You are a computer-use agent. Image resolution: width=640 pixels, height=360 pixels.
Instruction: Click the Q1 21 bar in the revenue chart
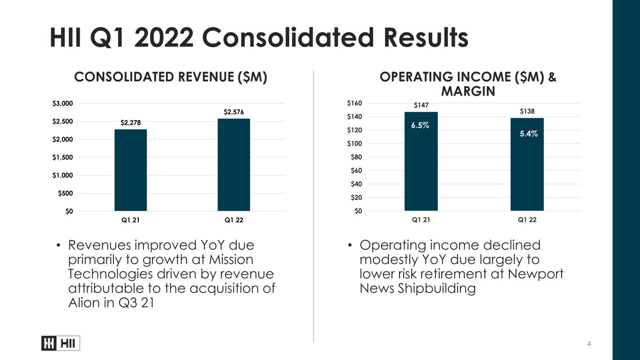pos(130,170)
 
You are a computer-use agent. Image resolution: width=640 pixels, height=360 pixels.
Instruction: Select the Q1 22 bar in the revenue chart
pos(233,165)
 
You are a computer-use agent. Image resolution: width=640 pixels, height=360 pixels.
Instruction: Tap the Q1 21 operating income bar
pos(421,161)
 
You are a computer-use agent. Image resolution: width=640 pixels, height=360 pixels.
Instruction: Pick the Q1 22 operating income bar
pos(527,165)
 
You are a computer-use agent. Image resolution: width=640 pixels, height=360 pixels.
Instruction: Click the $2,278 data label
pos(130,123)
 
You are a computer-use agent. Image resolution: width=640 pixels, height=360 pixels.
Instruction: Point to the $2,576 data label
pos(233,112)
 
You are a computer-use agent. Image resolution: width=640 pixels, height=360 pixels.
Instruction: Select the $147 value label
pos(421,105)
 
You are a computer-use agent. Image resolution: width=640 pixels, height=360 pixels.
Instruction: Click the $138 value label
pos(527,111)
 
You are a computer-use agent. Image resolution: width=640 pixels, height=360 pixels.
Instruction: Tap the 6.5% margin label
pos(420,125)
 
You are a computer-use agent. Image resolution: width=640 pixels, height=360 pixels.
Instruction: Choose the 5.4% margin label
pos(528,134)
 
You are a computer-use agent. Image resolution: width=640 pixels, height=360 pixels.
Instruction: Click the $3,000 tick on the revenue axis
pos(62,104)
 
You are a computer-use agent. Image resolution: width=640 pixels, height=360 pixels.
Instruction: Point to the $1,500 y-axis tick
pos(62,157)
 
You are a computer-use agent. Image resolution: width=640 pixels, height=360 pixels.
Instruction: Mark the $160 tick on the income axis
pos(354,103)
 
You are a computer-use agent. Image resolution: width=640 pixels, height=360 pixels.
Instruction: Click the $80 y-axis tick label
pos(356,157)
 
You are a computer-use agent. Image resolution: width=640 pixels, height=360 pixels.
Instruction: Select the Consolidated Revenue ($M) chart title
pos(171,77)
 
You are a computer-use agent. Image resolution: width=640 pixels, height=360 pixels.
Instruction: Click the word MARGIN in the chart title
pos(468,91)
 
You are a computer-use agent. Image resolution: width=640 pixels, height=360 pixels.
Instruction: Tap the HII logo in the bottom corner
pos(60,343)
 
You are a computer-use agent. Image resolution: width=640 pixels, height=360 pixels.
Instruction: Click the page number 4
pos(589,344)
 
